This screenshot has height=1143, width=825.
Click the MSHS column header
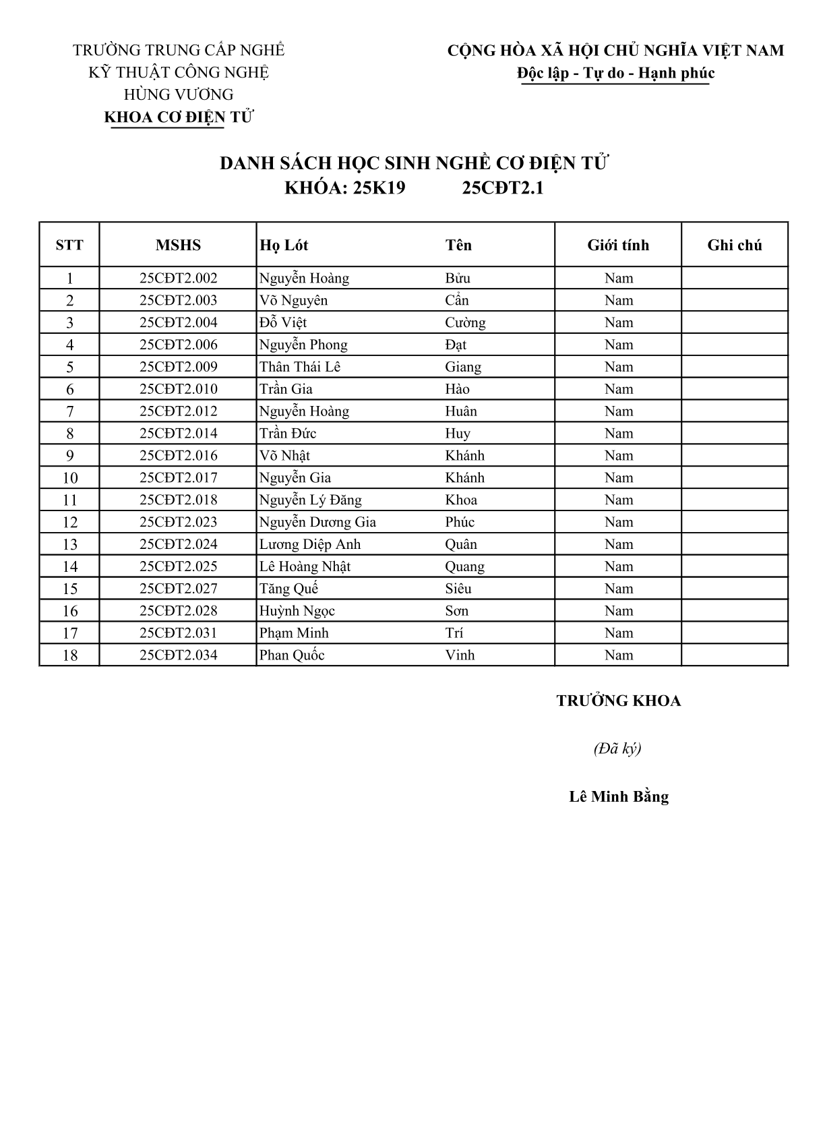(x=178, y=245)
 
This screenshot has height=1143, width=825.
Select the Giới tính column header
(x=618, y=245)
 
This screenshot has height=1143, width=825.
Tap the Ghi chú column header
(x=734, y=245)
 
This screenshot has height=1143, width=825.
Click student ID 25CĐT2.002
(x=178, y=278)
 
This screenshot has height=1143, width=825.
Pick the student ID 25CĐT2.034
(x=178, y=655)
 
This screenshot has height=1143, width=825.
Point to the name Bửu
(x=458, y=278)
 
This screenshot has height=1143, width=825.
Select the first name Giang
(x=463, y=367)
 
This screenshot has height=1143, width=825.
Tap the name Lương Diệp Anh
(x=310, y=544)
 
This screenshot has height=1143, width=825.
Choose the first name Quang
(x=464, y=566)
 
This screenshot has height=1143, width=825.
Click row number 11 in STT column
(x=70, y=500)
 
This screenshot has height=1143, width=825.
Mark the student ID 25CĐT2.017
(x=178, y=477)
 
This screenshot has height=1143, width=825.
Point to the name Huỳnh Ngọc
(x=297, y=611)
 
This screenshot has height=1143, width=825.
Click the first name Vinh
(x=460, y=655)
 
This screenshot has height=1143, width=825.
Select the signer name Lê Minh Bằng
(x=619, y=796)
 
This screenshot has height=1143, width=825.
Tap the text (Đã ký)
(x=617, y=749)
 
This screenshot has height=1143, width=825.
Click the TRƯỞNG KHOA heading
(x=619, y=701)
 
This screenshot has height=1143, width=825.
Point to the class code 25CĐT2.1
(x=503, y=188)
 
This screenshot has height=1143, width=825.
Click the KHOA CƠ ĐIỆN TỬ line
(x=178, y=117)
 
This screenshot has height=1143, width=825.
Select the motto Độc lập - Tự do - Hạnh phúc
(x=615, y=73)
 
